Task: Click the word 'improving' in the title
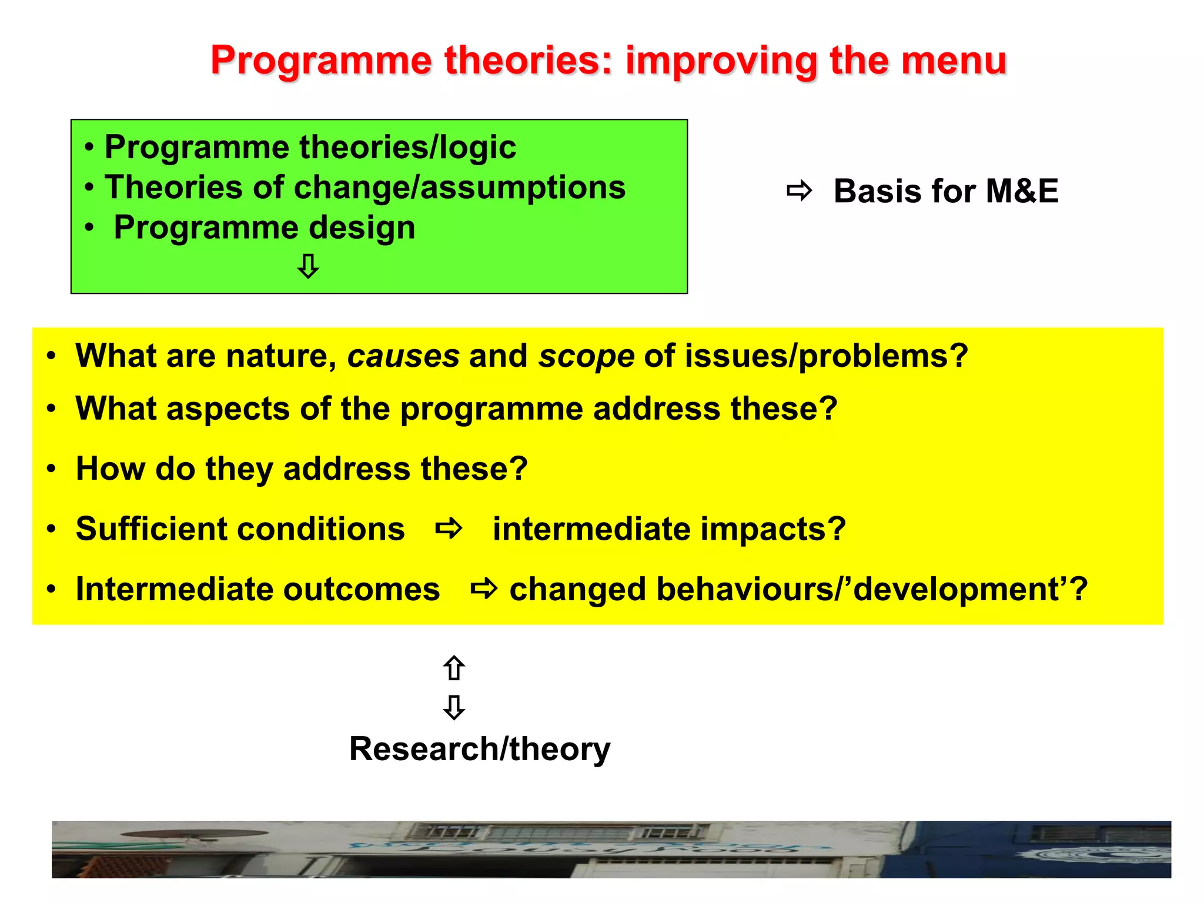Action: click(x=721, y=61)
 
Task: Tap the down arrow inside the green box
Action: click(x=308, y=266)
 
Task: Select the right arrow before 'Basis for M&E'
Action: click(x=799, y=191)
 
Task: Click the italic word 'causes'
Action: click(x=403, y=356)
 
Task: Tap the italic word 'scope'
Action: click(x=586, y=356)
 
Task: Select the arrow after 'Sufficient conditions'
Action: click(x=449, y=529)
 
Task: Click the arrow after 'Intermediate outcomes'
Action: click(x=484, y=588)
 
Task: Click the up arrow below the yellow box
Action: click(x=454, y=668)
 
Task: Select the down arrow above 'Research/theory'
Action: click(x=454, y=707)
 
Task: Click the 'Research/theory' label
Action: click(x=480, y=750)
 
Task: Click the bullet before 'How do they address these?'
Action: click(x=52, y=469)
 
